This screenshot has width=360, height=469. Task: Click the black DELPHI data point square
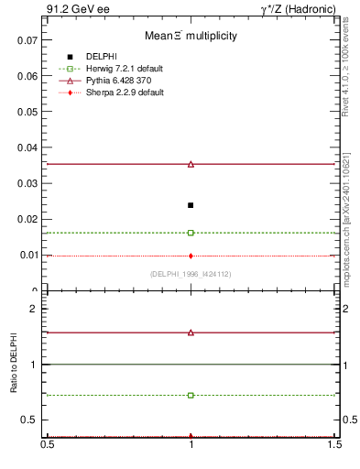point(191,205)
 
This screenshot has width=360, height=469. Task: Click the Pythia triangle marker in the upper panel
point(191,164)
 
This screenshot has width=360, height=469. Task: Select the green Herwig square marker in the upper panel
point(191,233)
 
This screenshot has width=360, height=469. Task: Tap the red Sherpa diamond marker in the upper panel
point(191,256)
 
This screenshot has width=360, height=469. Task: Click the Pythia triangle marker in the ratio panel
point(191,333)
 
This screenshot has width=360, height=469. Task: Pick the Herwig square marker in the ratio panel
point(191,395)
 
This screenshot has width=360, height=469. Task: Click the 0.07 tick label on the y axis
point(27,40)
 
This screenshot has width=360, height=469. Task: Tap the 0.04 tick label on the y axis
point(27,147)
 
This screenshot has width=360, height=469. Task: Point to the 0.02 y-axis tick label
point(27,219)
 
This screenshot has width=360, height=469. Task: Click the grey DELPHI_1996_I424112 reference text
point(191,274)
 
